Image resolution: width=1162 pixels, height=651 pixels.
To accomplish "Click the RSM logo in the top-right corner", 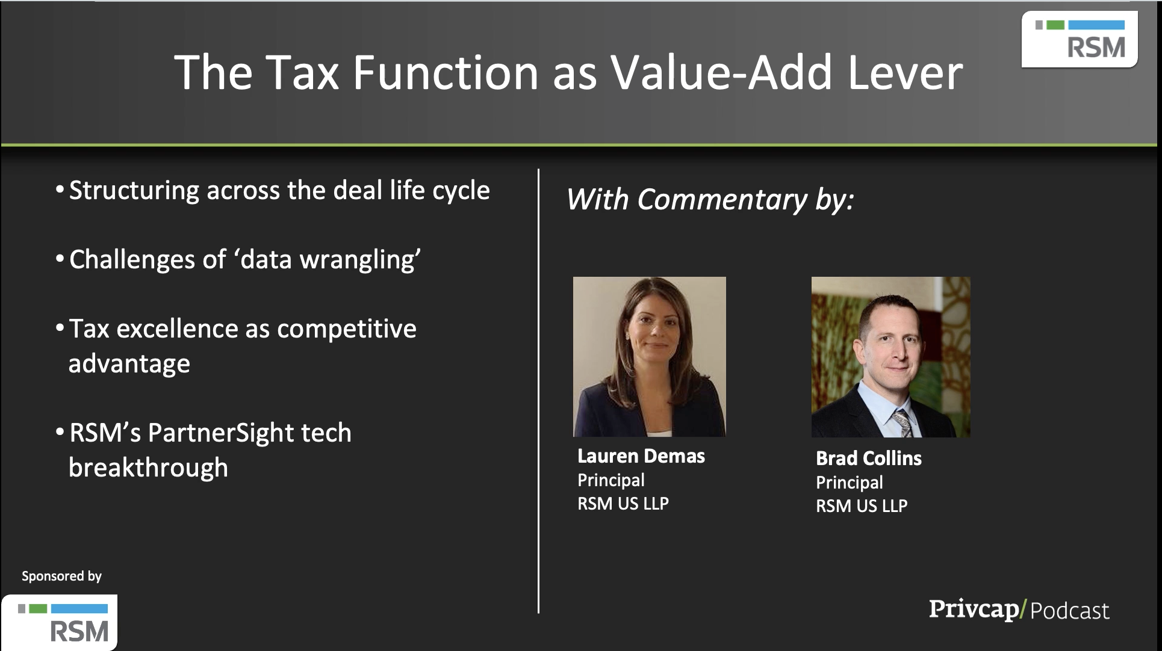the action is pos(1080,40).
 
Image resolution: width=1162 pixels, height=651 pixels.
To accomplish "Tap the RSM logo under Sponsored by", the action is pos(60,622).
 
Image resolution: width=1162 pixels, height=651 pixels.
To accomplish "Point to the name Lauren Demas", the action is pos(641,456).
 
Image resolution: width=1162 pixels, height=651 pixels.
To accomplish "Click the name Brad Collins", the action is pos(869,458).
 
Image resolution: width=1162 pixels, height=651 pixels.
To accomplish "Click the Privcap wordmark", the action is pos(974,609).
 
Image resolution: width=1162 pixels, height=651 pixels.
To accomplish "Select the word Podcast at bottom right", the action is pos(1070,611).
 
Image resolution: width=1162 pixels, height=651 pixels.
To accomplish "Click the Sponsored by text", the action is pos(62,576).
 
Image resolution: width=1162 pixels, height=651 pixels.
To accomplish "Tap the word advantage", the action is pos(129,365).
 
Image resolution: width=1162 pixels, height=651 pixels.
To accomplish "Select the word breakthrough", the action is pos(149,468).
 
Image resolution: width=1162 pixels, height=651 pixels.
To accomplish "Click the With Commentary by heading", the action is pos(710,200).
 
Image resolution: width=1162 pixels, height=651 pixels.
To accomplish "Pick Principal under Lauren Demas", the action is pos(611,480).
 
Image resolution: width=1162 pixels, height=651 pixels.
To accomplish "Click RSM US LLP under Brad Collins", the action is pos(862,506).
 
